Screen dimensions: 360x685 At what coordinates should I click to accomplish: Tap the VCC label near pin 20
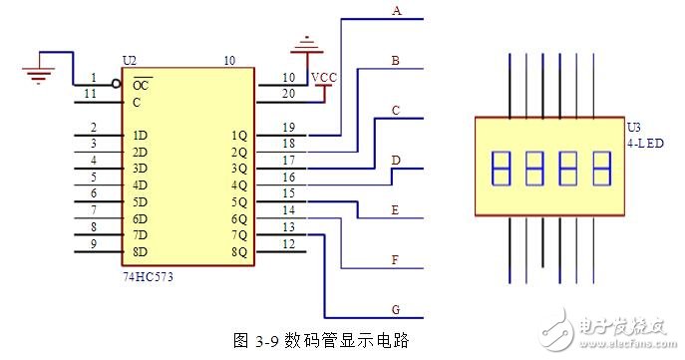click(x=324, y=78)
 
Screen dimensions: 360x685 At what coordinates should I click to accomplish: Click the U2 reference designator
click(x=129, y=61)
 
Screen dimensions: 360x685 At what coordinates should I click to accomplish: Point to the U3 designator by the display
click(x=634, y=127)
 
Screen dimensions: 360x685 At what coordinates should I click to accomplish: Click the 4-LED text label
click(x=642, y=144)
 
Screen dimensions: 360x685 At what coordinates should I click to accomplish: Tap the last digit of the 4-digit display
click(x=601, y=168)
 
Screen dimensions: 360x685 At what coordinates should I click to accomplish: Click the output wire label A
click(x=396, y=11)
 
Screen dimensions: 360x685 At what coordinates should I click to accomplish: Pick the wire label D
click(x=396, y=160)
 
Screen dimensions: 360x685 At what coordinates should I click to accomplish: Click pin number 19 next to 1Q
click(x=288, y=127)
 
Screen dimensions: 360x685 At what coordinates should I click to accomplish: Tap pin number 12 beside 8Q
click(x=288, y=243)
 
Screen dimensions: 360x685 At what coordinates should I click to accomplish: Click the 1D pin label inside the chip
click(x=140, y=135)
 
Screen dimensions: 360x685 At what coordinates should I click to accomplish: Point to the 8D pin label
click(x=140, y=251)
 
